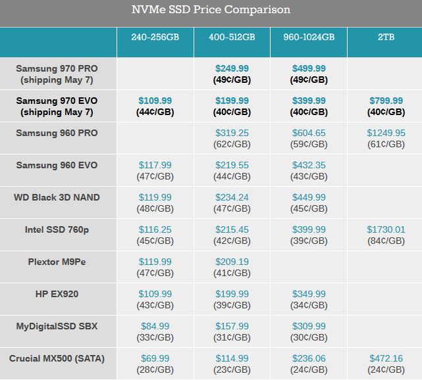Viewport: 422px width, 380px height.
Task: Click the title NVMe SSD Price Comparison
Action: [211, 10]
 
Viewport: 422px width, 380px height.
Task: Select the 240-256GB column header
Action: [155, 37]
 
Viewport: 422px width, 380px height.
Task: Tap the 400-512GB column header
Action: [232, 37]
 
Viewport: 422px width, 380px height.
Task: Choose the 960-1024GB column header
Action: [308, 37]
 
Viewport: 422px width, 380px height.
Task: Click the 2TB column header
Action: [386, 37]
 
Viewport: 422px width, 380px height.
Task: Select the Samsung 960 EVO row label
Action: [57, 165]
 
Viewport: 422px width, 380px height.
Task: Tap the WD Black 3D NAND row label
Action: [57, 197]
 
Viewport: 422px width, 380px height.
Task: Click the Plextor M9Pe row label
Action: [57, 262]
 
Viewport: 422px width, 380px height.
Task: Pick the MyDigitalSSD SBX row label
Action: [57, 326]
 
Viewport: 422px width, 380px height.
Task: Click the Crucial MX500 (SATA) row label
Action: [57, 358]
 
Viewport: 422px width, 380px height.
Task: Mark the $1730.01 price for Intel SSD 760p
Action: [386, 229]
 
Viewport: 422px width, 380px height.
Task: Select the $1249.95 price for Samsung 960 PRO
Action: [386, 133]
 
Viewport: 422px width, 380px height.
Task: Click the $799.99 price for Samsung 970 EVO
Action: [386, 101]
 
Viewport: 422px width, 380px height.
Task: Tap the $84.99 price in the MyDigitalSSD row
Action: [155, 326]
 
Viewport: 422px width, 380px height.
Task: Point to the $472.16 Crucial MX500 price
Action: [386, 358]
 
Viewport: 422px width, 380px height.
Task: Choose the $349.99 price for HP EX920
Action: [309, 294]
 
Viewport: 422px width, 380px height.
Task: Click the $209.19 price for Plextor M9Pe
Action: [232, 262]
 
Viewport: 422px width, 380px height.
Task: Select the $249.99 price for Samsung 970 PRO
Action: [232, 68]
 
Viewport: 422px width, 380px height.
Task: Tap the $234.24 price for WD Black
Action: [232, 197]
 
